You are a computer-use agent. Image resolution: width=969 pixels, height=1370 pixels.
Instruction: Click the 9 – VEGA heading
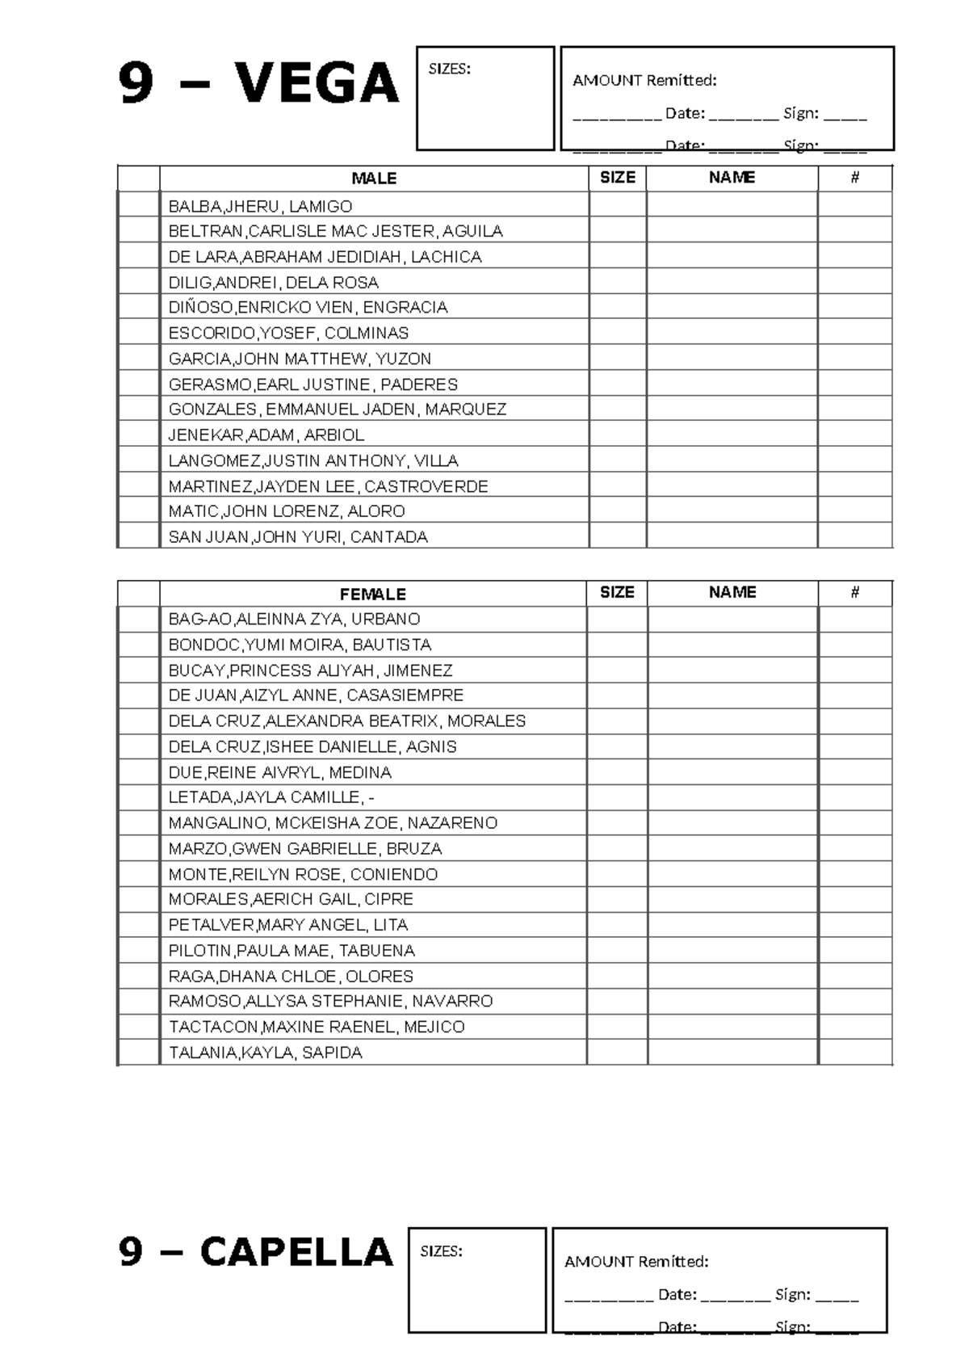tap(258, 84)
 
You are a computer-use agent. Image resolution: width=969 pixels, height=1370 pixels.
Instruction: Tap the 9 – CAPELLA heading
tap(255, 1252)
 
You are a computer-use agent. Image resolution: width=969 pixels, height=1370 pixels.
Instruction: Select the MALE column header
tap(374, 179)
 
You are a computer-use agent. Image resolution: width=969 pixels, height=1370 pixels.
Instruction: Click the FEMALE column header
tap(372, 595)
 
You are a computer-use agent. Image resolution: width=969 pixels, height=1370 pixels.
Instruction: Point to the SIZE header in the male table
tap(617, 178)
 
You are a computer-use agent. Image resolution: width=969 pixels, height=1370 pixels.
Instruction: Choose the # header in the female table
tap(854, 593)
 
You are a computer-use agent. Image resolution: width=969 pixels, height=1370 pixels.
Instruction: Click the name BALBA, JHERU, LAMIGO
tap(260, 206)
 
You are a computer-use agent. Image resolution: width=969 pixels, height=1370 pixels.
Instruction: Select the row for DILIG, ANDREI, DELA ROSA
tap(273, 283)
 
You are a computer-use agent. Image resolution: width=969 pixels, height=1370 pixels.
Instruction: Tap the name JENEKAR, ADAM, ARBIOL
tap(266, 435)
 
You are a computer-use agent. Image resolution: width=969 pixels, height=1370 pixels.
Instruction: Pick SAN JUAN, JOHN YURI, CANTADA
tap(297, 537)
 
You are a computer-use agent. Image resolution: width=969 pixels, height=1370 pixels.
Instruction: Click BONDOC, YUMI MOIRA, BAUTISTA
tap(300, 645)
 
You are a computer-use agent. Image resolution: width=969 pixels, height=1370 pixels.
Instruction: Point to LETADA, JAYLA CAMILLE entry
tap(271, 797)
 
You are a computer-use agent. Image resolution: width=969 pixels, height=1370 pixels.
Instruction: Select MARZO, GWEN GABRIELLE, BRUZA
tap(304, 849)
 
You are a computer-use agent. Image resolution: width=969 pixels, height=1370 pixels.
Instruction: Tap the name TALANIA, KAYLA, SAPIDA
tap(265, 1053)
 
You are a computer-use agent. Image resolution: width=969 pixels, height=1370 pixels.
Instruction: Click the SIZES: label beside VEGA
tap(449, 69)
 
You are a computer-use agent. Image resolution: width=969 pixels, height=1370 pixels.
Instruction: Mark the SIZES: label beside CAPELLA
tap(441, 1251)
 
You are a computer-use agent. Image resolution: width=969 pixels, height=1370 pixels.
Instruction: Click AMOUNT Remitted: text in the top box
tap(644, 80)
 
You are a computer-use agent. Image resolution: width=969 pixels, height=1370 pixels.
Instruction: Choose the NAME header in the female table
tap(732, 593)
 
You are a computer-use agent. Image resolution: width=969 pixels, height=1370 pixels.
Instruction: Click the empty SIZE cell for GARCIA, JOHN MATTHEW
tap(617, 359)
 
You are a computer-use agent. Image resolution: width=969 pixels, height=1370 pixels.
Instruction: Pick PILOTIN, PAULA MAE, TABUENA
tap(291, 951)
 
